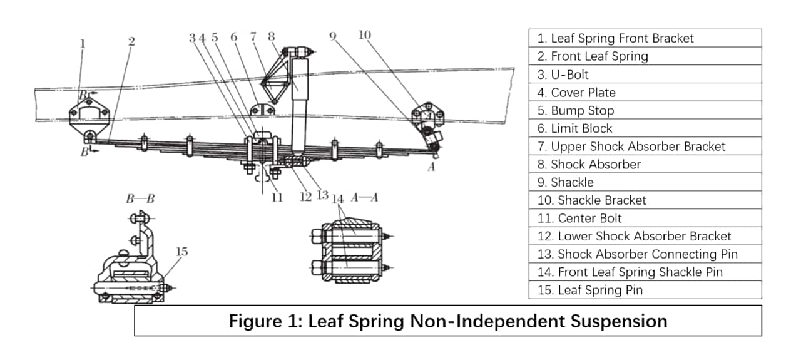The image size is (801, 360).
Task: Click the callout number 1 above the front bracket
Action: [x=83, y=44]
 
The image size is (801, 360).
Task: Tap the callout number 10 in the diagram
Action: [x=365, y=34]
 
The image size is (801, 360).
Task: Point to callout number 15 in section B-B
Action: [x=181, y=252]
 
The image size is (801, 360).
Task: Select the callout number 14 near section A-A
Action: [x=337, y=199]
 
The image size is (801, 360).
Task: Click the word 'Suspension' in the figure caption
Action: [x=619, y=321]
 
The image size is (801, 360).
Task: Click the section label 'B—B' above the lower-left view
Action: [x=140, y=198]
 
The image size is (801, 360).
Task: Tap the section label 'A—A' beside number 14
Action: [x=364, y=197]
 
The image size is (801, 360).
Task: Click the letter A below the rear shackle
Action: [x=432, y=167]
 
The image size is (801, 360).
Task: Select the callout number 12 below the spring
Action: [x=306, y=197]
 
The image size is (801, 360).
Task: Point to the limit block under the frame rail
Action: [x=262, y=109]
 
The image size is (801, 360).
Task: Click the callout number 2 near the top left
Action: [x=131, y=41]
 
